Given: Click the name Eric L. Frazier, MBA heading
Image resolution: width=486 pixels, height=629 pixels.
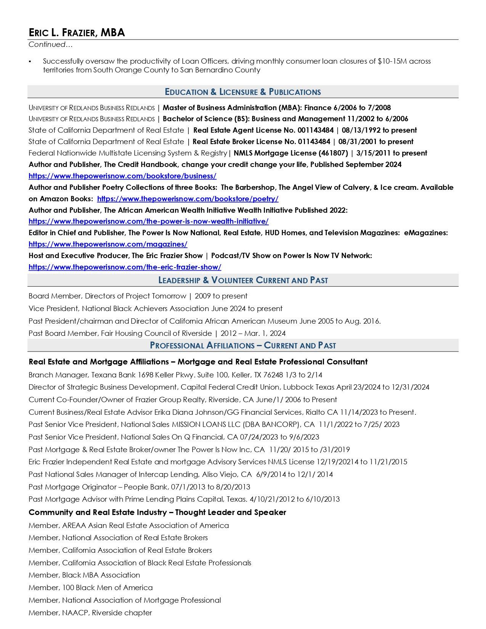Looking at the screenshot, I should click(77, 33).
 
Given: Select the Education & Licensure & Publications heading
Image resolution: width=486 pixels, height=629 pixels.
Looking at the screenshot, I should click(243, 92).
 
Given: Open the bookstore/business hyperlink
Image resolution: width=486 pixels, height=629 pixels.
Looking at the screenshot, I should click(122, 176).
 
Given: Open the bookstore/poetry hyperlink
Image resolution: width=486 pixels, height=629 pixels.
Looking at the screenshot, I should click(188, 199).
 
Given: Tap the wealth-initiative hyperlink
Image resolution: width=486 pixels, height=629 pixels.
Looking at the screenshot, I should click(148, 221).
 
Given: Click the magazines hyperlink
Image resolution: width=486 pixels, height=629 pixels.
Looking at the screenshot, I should click(108, 244).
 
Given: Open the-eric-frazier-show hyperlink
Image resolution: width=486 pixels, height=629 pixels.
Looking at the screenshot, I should click(125, 267).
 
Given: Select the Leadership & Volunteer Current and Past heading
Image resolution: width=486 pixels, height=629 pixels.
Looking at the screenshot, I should click(243, 280).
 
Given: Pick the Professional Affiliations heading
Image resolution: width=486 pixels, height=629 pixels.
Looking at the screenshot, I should click(243, 345).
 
